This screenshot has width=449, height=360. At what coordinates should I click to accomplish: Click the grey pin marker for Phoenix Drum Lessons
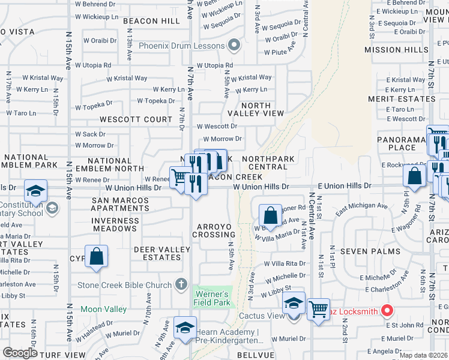(x=234, y=46)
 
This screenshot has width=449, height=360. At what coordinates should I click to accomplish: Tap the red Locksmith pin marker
(x=387, y=311)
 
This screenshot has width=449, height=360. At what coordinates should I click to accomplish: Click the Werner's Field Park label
(x=211, y=298)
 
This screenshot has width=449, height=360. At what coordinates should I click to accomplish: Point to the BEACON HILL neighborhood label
(x=148, y=21)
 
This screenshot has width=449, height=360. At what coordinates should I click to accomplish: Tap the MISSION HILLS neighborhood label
(x=396, y=50)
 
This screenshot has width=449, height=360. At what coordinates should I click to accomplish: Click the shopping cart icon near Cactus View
(x=318, y=309)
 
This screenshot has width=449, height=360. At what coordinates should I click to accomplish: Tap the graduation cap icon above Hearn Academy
(x=184, y=328)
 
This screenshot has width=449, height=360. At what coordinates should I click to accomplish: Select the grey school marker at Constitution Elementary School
(x=52, y=208)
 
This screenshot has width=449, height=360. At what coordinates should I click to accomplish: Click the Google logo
(x=20, y=353)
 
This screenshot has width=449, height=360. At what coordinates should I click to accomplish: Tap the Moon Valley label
(x=103, y=309)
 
